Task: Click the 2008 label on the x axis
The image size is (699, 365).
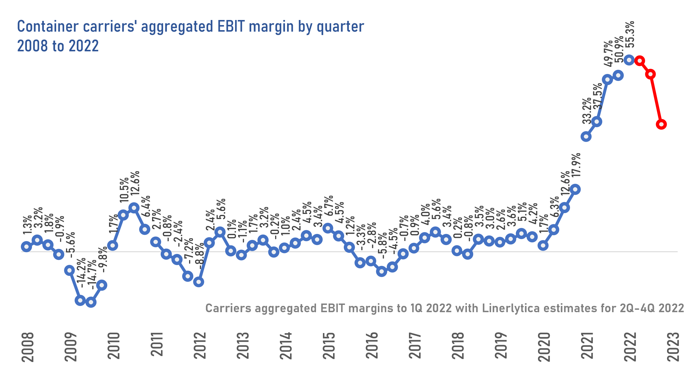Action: point(27,346)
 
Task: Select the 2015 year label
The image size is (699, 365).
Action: point(329,346)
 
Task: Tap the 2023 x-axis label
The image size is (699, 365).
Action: point(673,346)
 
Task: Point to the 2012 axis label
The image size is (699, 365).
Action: point(200,346)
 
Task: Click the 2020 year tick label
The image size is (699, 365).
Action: point(544,346)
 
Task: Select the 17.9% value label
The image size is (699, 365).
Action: point(576,165)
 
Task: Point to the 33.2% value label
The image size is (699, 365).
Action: point(587,111)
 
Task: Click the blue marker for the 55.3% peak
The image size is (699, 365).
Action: point(629,60)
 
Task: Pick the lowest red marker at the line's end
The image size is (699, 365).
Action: point(661,124)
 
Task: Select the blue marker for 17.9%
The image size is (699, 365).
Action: point(575,189)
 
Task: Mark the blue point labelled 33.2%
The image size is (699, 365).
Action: point(586,137)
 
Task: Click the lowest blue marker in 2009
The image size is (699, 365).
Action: point(91,303)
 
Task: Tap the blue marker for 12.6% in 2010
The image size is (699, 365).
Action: point(134,207)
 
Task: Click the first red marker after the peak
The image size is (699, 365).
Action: point(640,61)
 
